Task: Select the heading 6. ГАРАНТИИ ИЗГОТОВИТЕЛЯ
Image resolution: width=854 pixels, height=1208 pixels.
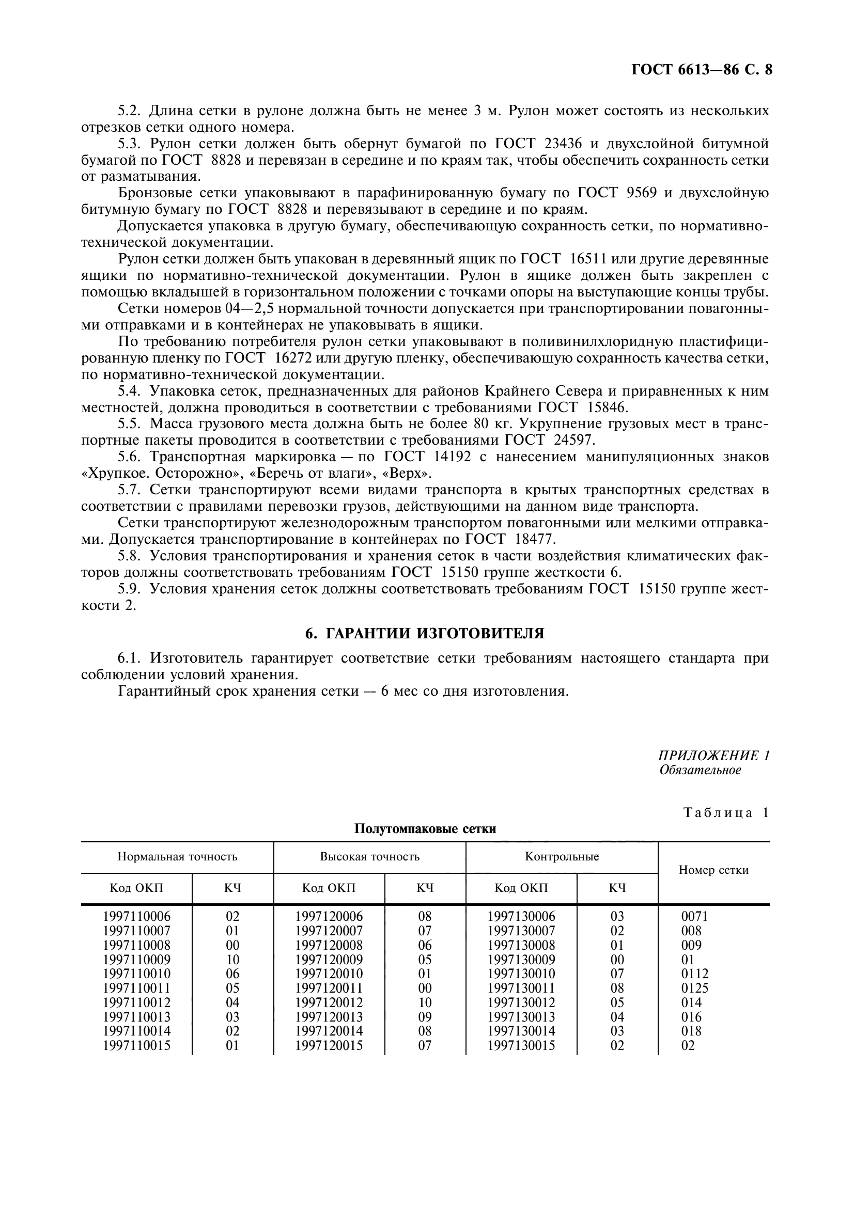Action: click(x=425, y=634)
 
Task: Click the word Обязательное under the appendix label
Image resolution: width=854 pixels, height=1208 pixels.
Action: click(x=700, y=770)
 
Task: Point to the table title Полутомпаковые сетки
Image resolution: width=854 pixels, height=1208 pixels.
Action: click(x=425, y=828)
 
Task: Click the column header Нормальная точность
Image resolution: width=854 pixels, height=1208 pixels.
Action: click(x=177, y=856)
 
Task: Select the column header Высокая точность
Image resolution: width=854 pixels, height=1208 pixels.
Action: click(x=369, y=856)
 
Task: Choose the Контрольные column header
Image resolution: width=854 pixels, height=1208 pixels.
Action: click(x=562, y=856)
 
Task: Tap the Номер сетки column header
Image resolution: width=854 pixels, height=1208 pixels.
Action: click(x=713, y=870)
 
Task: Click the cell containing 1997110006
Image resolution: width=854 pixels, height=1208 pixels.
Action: click(x=137, y=917)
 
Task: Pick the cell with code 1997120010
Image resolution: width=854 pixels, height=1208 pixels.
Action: click(x=329, y=974)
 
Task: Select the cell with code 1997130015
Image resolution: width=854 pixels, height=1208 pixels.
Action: click(x=521, y=1045)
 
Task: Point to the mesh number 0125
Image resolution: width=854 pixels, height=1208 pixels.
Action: click(x=694, y=988)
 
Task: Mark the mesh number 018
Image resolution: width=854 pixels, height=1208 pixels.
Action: click(x=691, y=1031)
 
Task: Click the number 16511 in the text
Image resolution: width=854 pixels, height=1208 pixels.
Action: click(x=588, y=259)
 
